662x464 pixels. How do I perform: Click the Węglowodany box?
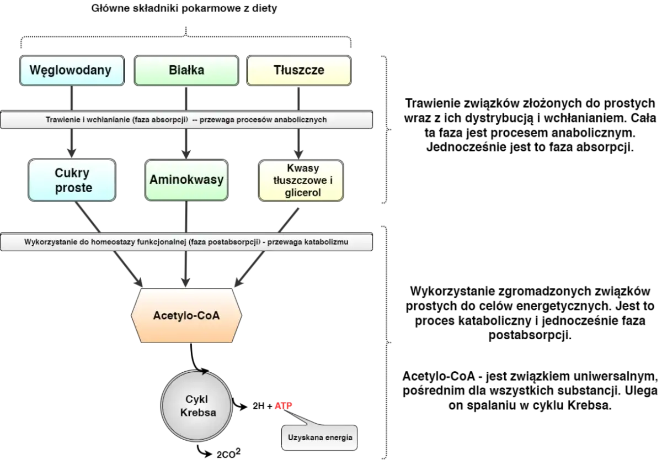coord(71,71)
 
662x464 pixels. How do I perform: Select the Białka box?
coord(186,71)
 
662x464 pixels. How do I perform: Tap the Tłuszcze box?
coord(298,71)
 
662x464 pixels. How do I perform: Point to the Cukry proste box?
coord(72,180)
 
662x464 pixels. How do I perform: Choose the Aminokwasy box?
coord(186,180)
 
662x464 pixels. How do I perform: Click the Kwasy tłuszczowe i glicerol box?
coord(301,180)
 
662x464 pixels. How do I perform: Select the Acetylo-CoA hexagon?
coord(186,316)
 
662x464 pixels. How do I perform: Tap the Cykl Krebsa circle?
coord(197,407)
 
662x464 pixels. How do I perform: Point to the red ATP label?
coord(283,407)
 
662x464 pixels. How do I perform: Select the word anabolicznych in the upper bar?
coord(303,120)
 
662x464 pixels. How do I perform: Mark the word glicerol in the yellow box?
coord(303,193)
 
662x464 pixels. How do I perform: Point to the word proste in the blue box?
coord(73,188)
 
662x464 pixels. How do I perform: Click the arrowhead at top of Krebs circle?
coord(206,373)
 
